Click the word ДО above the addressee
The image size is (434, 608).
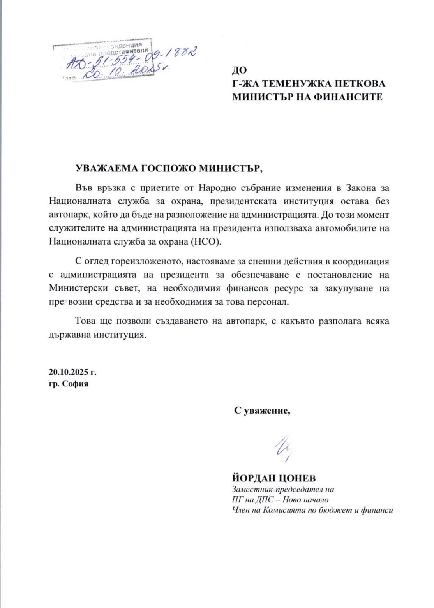point(240,70)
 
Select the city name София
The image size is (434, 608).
point(76,384)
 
